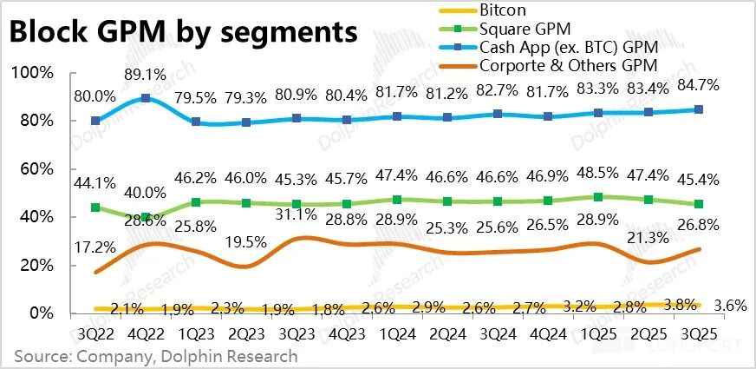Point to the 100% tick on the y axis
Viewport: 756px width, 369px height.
(31, 72)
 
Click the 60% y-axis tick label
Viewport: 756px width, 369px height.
(35, 168)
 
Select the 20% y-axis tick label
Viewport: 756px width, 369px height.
(35, 265)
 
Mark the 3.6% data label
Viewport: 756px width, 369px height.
(733, 305)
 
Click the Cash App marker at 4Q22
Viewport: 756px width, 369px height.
(147, 98)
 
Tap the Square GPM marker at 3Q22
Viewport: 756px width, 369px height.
(95, 208)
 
